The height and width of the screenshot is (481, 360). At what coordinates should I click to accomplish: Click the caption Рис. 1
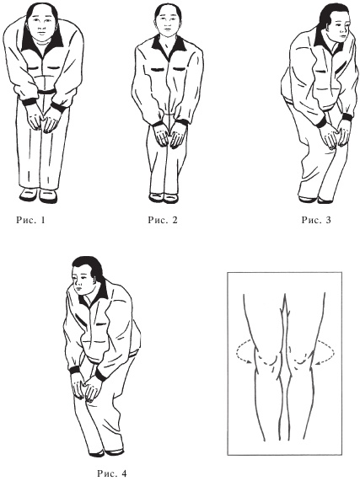(x=30, y=220)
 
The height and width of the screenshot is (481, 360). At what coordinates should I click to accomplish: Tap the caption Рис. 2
(x=163, y=220)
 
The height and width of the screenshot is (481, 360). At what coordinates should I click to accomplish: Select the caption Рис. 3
(x=316, y=220)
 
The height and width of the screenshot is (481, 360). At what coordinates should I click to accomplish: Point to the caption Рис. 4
(x=112, y=473)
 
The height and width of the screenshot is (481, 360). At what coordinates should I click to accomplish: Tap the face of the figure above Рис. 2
(x=167, y=24)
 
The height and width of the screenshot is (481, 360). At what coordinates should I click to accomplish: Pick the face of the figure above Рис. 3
(x=340, y=29)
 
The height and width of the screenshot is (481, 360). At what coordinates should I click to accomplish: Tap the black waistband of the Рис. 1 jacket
(x=46, y=92)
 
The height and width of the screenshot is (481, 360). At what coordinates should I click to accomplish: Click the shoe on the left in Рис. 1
(x=29, y=195)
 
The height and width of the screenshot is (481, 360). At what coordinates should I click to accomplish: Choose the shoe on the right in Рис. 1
(x=49, y=196)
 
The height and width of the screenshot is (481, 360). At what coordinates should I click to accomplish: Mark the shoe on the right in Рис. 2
(x=171, y=198)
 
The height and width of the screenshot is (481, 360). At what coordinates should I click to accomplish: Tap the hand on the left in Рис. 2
(x=160, y=135)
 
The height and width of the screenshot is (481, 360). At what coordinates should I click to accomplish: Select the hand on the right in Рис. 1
(x=53, y=119)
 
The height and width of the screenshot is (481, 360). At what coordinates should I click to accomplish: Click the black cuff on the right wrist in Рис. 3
(x=347, y=117)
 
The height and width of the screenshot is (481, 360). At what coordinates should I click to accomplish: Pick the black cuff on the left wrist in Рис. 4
(x=74, y=370)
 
